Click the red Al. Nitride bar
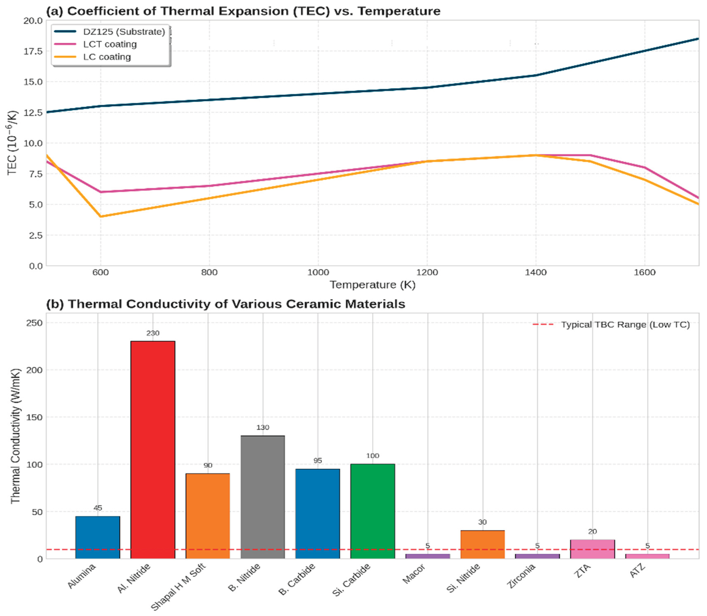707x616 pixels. point(153,447)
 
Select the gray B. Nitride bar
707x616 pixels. point(263,495)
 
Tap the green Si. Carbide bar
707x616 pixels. point(373,509)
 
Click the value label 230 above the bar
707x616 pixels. point(153,333)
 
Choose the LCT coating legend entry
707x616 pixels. point(110,44)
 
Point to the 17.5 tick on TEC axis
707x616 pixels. point(33,51)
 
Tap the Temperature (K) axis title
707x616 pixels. point(373,285)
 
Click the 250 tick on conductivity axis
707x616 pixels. point(34,323)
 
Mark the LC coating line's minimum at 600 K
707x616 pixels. point(101,216)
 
